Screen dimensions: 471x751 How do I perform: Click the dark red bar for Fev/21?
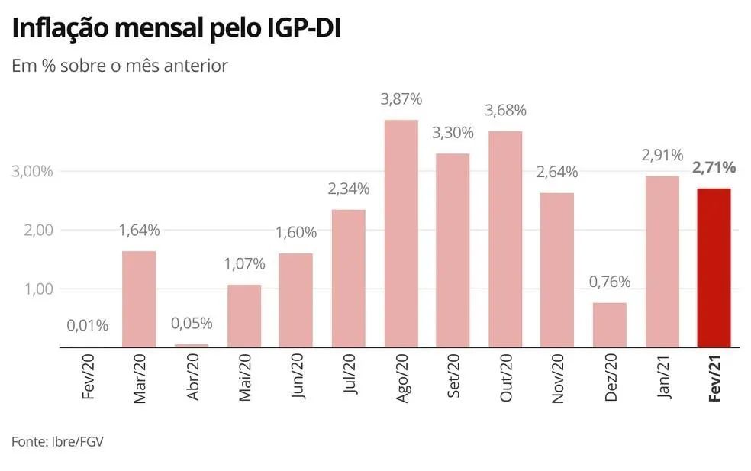click(714, 267)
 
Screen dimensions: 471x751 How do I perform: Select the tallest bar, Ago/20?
click(400, 233)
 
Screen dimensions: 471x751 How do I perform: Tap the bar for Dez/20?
click(609, 324)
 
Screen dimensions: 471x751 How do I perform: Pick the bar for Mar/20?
click(139, 298)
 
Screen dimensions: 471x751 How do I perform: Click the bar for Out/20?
click(504, 239)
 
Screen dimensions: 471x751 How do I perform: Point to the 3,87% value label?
click(401, 99)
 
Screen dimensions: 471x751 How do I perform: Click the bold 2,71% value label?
click(714, 167)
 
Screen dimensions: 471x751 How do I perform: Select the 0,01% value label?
click(87, 325)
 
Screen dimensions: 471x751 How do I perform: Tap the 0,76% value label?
click(609, 282)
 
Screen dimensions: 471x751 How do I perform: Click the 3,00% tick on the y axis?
click(32, 171)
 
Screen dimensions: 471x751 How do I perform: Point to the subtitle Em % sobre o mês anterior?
click(120, 66)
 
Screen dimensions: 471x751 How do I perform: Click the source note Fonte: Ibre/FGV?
click(57, 442)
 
